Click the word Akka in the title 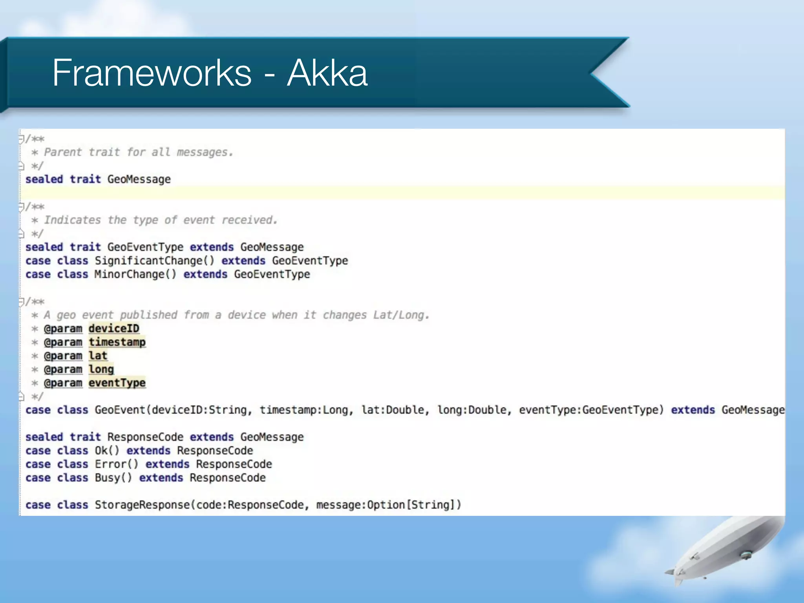[x=327, y=73]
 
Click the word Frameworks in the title [x=152, y=73]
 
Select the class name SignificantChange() [x=154, y=261]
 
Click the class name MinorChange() [x=135, y=274]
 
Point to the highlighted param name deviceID [x=114, y=329]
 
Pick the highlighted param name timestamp [x=117, y=342]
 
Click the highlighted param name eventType [x=117, y=383]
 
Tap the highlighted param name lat [x=98, y=356]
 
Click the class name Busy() [x=113, y=478]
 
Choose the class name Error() [x=116, y=464]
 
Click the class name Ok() [x=107, y=451]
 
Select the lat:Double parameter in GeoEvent [x=393, y=410]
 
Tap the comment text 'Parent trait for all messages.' [x=138, y=152]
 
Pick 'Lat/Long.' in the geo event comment [x=401, y=315]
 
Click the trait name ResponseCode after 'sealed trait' [x=145, y=437]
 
